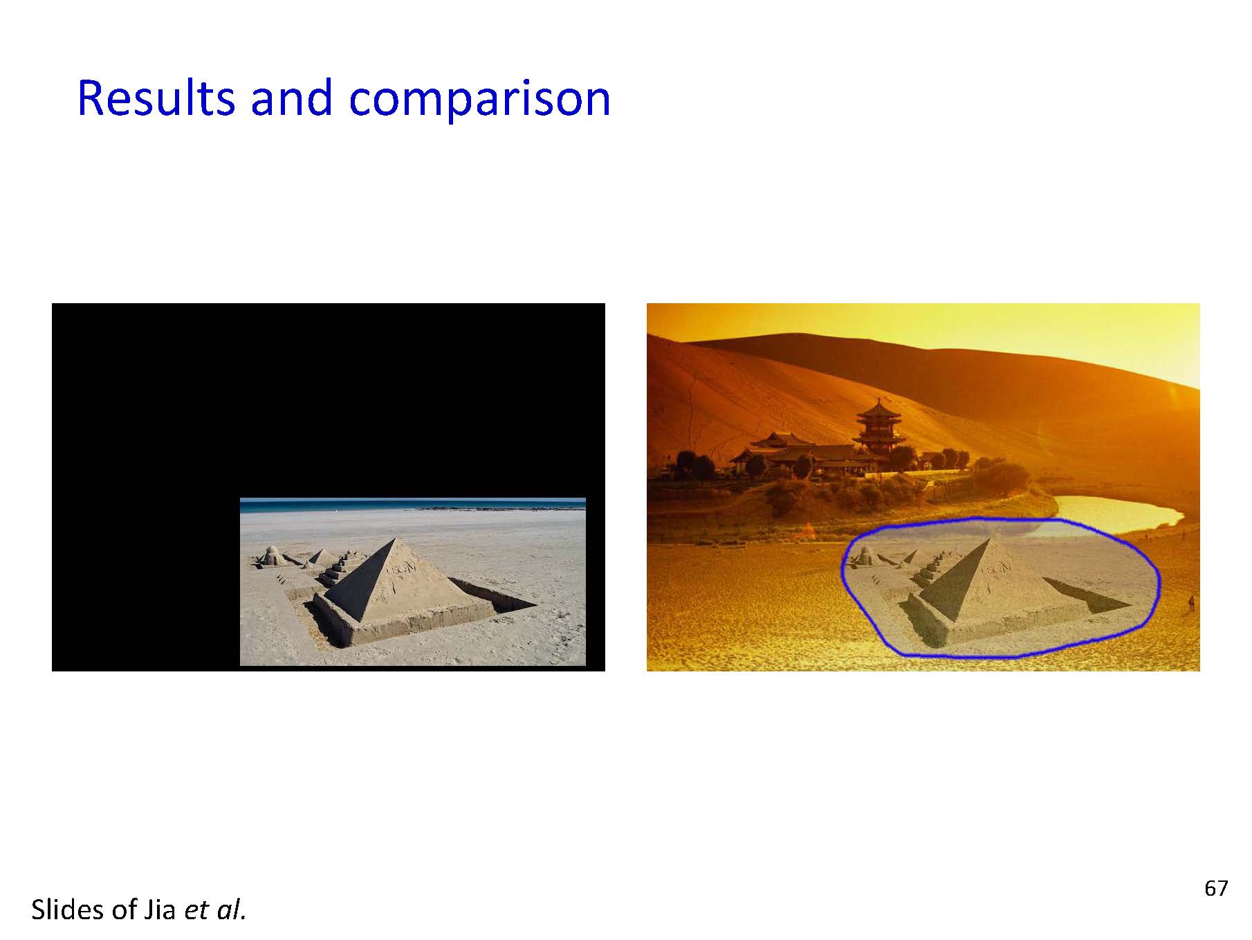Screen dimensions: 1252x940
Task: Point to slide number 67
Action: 1216,888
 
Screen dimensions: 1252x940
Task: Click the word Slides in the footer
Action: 67,909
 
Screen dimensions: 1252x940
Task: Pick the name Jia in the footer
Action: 160,910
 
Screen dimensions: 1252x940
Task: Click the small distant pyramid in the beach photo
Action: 318,557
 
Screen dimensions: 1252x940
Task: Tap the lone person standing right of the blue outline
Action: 1191,603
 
